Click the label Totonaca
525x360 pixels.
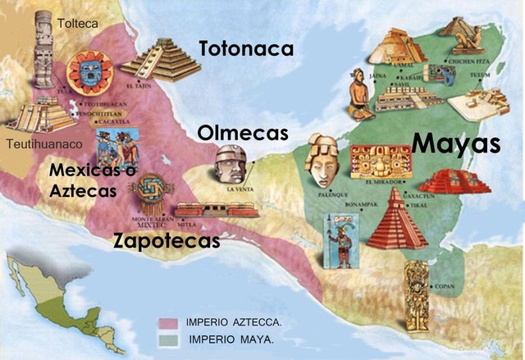246,49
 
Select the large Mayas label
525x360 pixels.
456,144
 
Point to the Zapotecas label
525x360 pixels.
167,241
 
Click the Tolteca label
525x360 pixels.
78,24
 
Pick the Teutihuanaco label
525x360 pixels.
37,146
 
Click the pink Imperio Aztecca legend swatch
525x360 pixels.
170,322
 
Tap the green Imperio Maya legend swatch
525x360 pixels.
170,338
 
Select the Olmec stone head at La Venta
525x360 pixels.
229,166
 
